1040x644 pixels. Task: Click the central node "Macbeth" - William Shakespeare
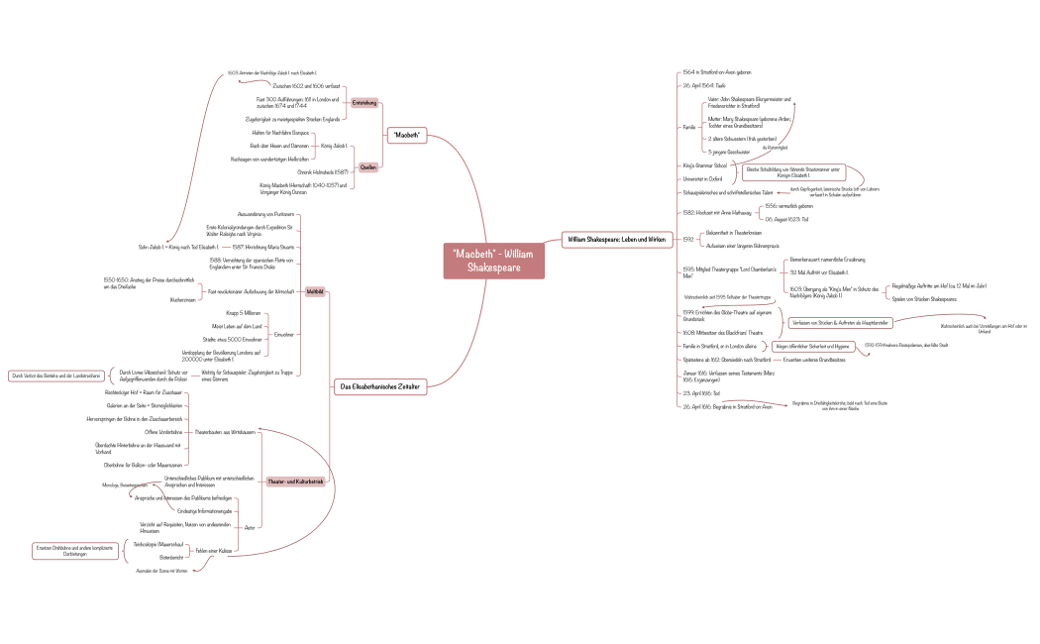492,262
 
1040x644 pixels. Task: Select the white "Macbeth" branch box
406,135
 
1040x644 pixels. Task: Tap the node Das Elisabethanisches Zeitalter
379,385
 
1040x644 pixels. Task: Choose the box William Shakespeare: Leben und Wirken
615,239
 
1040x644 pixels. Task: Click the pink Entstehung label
365,102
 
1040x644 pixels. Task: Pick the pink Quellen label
367,166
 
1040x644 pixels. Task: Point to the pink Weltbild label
316,291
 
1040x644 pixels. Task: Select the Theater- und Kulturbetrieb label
295,482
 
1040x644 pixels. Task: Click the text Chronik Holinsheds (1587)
318,171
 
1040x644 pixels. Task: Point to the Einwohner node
284,334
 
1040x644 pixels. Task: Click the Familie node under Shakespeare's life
689,127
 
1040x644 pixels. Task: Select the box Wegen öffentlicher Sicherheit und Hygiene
811,347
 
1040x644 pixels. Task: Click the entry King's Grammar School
704,165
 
